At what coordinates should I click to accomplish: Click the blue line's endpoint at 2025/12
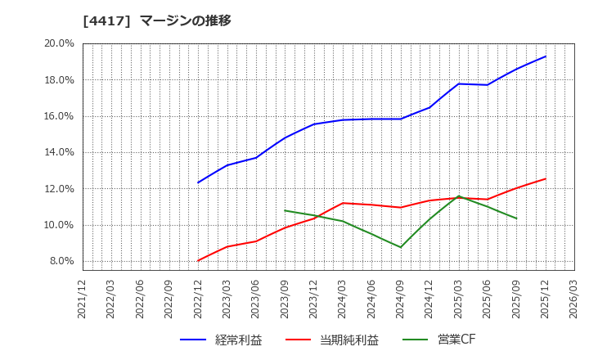tap(546, 56)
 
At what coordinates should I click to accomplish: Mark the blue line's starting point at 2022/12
tap(198, 182)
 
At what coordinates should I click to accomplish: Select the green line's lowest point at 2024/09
tap(401, 247)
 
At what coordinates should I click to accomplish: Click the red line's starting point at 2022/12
tap(198, 261)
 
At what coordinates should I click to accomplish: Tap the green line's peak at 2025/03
tap(459, 196)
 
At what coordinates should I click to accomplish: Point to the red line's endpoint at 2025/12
tap(546, 178)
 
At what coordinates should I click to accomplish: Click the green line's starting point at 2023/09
tap(285, 210)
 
